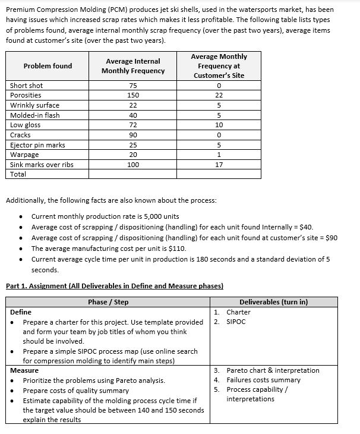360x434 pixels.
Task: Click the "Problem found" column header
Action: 48,66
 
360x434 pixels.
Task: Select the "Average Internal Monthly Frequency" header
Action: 133,66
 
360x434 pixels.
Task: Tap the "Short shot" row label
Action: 27,86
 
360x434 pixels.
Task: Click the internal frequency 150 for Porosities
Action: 133,95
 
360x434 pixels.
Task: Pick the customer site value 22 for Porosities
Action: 219,95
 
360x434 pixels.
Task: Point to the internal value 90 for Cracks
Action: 133,135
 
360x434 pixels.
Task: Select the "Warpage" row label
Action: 26,155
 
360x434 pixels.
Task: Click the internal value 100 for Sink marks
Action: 133,165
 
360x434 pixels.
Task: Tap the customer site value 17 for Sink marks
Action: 219,165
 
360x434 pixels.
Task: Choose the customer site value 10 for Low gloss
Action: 219,125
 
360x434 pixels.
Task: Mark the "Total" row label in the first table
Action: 18,174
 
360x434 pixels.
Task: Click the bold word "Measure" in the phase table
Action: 24,370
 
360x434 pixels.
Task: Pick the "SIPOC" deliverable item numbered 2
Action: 237,322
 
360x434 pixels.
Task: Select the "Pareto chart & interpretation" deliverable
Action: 273,370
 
